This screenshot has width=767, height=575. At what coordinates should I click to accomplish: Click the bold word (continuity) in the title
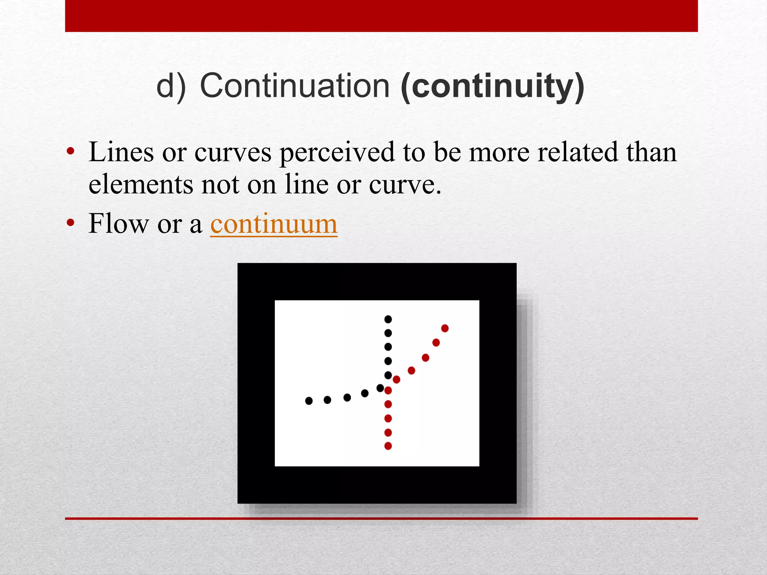point(492,86)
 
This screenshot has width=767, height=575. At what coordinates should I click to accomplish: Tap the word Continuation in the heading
point(295,86)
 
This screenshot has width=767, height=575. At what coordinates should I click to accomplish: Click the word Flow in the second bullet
point(118,224)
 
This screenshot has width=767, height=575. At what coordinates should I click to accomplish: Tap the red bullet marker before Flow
point(70,223)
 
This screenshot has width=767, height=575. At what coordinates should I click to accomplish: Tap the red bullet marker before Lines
point(70,152)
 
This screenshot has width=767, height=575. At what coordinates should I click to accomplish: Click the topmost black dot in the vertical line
point(388,319)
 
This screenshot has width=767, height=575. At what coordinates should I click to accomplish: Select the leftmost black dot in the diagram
point(309,401)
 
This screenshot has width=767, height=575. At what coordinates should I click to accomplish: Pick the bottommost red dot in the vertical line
point(388,446)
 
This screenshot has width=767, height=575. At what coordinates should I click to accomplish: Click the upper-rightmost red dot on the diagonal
point(445,328)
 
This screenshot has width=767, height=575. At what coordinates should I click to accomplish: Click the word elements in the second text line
point(140,185)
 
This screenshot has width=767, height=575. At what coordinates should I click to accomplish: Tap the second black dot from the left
point(327,400)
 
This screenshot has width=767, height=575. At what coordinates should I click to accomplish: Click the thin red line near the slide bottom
point(381,518)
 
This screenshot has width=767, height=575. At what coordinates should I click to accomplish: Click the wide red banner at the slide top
point(381,16)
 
